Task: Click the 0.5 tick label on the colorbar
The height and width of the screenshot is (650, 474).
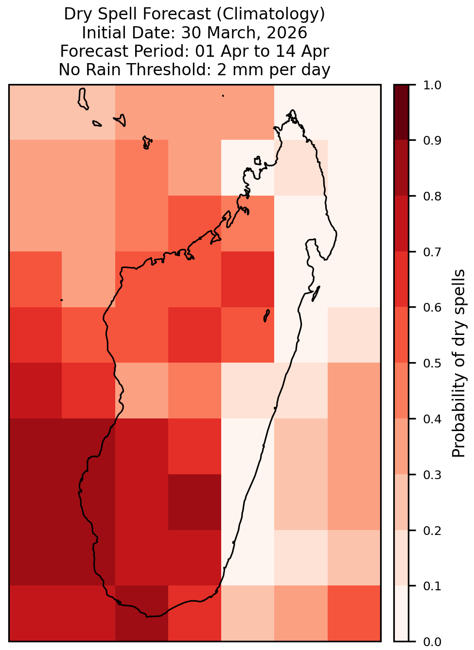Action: [x=432, y=363]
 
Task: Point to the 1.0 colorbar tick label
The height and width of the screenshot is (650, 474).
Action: [x=432, y=85]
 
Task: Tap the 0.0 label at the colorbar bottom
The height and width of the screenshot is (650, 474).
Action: [x=432, y=642]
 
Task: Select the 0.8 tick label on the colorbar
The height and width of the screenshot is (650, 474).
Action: [x=432, y=197]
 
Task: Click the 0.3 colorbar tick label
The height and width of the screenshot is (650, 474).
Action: [x=432, y=475]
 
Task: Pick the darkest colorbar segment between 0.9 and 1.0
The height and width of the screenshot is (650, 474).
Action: [x=401, y=112]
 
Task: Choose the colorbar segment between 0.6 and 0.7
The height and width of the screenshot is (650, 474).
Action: [x=401, y=279]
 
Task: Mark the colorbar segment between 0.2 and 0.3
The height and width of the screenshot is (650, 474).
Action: [x=401, y=502]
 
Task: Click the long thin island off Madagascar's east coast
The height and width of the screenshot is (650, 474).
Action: [x=316, y=294]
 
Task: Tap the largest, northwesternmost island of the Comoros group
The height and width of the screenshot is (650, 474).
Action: [x=83, y=99]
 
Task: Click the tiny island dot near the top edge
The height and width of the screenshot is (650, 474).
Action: [x=223, y=96]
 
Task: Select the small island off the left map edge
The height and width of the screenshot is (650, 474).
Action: [x=61, y=300]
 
